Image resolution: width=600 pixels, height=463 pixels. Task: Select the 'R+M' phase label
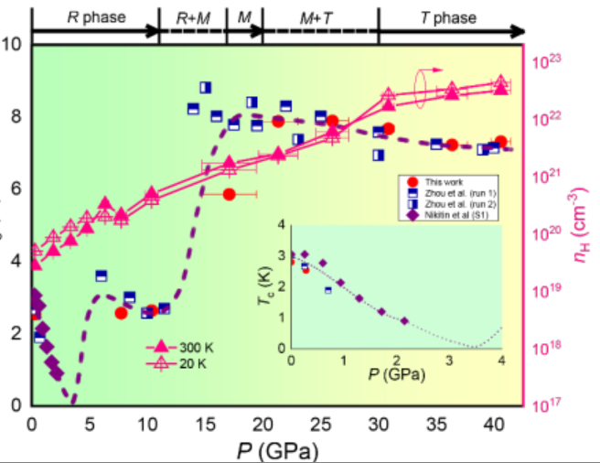tap(193, 16)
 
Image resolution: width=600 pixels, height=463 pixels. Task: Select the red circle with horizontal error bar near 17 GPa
tap(230, 194)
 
